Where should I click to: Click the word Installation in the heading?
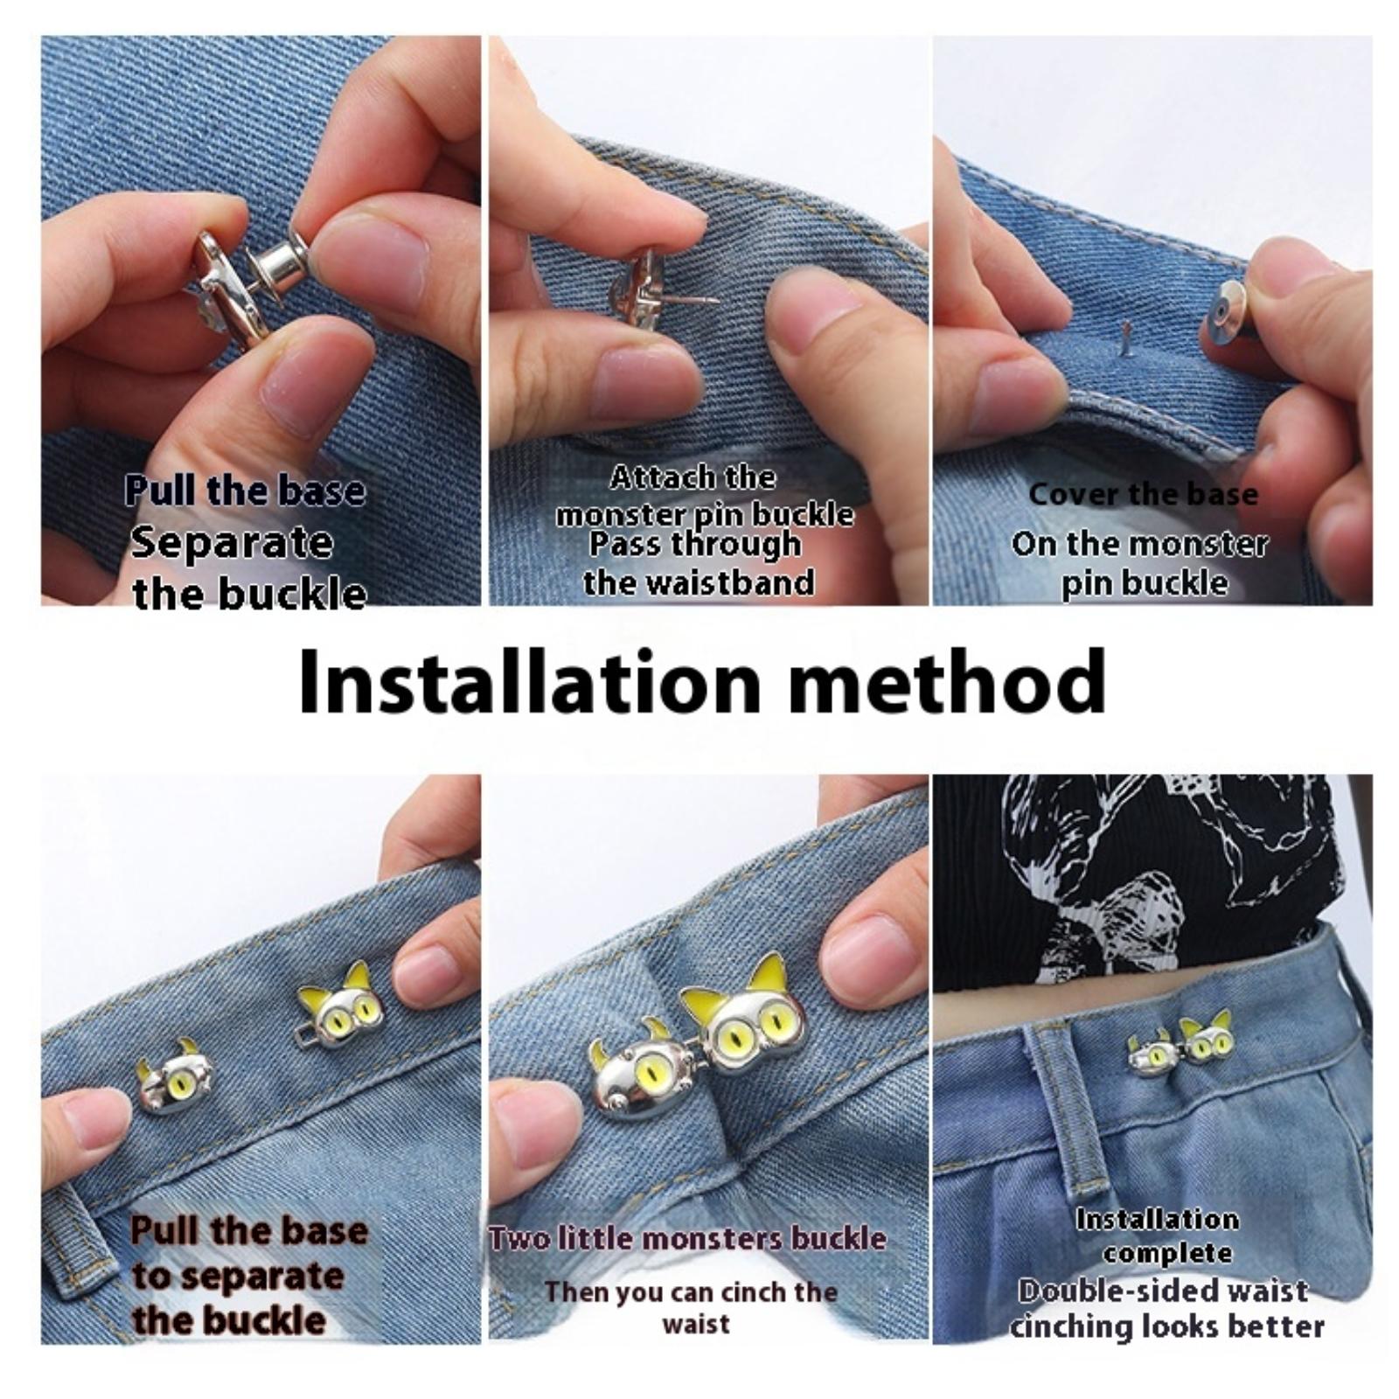point(530,681)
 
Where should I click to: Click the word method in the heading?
point(947,681)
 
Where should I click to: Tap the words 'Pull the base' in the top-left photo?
point(245,491)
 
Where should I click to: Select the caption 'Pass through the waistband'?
point(698,563)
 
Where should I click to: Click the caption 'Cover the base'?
point(1143,494)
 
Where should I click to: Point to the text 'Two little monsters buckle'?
point(687,1238)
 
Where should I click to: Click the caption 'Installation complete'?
point(1157,1235)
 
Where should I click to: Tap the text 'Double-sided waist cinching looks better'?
point(1166,1309)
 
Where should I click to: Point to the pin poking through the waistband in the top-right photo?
point(1126,340)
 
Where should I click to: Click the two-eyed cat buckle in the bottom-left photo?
point(340,1008)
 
